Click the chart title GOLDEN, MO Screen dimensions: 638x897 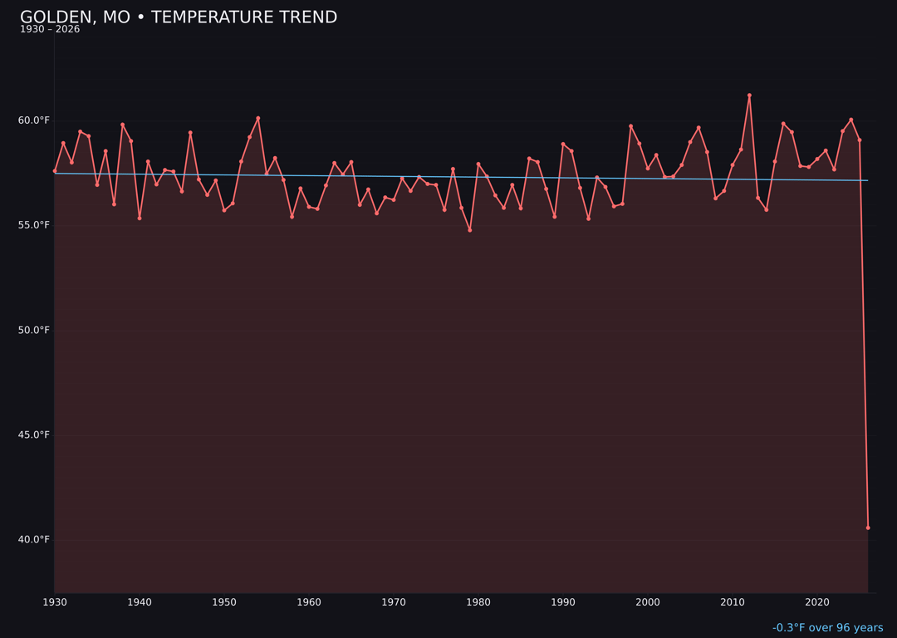(x=179, y=17)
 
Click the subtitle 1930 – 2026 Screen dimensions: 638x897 (x=50, y=30)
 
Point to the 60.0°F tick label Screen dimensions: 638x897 (x=34, y=120)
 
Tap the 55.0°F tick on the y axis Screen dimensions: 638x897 (x=34, y=225)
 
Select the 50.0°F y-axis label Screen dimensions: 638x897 (x=34, y=330)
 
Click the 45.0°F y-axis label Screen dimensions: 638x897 (x=34, y=434)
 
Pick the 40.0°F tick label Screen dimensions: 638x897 (x=34, y=539)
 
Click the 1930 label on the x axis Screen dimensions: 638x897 (x=55, y=602)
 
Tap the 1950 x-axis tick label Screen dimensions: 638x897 (x=224, y=602)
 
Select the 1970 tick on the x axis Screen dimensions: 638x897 (x=394, y=602)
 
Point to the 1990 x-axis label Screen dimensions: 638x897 (x=563, y=602)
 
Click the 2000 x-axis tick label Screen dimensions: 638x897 (x=648, y=602)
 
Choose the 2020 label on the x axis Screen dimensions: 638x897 (x=817, y=602)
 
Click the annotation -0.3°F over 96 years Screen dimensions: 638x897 (x=827, y=628)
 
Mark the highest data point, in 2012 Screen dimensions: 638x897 (x=749, y=96)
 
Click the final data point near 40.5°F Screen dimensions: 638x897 (x=868, y=528)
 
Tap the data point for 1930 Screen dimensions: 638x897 (x=55, y=171)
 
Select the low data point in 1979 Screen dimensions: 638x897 (x=470, y=230)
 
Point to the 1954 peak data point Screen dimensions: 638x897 (x=257, y=118)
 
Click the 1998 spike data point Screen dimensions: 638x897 (x=630, y=126)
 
